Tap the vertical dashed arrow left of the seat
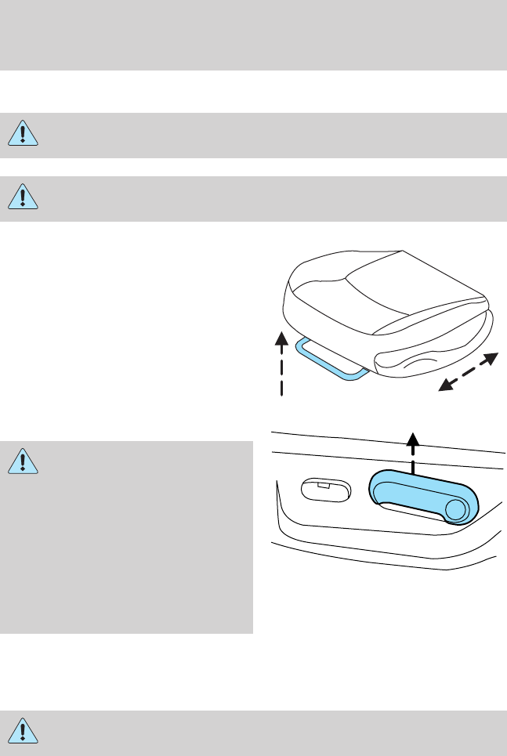point(280,368)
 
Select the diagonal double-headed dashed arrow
point(467,371)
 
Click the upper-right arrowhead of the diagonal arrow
point(491,359)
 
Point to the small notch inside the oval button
point(322,486)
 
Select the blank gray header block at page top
point(253,35)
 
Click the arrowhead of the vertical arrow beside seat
point(280,337)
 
